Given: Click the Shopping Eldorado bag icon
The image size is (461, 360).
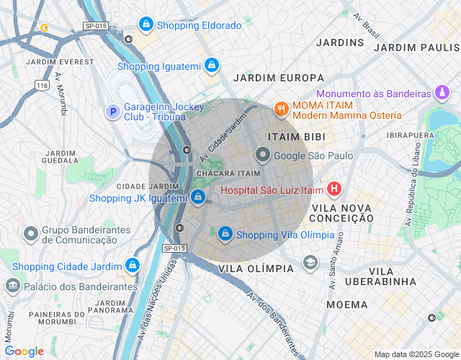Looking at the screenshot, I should point(146,25).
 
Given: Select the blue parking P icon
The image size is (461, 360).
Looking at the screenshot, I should point(112,112).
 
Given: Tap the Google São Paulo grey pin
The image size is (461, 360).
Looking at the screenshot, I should point(263,155).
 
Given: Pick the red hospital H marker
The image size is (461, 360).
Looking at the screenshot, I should point(334,191).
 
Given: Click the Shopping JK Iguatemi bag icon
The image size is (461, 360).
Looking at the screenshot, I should point(198,197).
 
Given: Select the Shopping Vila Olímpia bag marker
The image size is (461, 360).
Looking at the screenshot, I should point(225,234).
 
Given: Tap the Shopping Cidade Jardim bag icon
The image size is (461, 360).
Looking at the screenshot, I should point(132,266).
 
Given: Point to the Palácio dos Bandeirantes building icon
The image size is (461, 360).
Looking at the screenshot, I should point(12,286).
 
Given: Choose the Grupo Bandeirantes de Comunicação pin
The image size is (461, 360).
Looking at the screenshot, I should point(31,234).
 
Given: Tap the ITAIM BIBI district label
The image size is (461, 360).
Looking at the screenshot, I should point(296,136).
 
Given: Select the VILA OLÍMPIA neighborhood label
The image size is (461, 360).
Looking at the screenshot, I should point(256,269).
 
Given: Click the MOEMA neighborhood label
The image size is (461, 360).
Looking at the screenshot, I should point(346,305).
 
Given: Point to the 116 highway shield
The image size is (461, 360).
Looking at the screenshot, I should point(42,85).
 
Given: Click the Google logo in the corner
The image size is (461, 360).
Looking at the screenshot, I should point(24,351).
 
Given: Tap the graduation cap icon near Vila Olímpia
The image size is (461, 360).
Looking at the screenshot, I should point(310,262).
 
